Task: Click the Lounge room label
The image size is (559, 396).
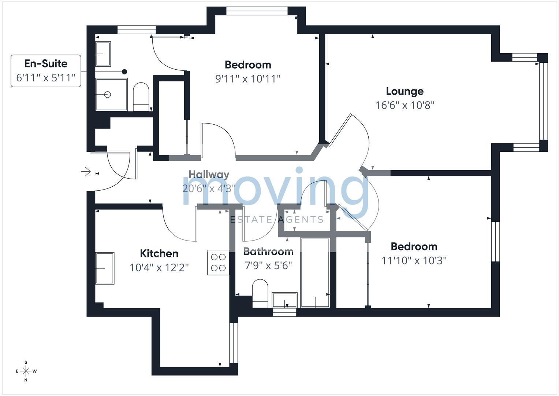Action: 405,92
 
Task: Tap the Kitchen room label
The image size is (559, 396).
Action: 159,253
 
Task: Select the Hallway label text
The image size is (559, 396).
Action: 209,175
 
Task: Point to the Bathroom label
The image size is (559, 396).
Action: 268,252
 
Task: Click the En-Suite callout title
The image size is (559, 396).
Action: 46,63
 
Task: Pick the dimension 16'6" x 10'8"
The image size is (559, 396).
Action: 405,105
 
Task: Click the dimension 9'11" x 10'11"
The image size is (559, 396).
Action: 248,79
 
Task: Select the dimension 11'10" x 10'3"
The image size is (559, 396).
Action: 414,260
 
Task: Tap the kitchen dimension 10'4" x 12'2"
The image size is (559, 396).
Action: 159,268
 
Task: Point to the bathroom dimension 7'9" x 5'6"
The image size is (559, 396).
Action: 268,265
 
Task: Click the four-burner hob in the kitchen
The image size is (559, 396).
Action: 218,263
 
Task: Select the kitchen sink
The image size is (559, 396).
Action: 105,268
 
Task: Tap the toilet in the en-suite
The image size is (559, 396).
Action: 141,97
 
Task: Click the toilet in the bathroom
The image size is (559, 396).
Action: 260,293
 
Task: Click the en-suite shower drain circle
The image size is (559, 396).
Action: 108,95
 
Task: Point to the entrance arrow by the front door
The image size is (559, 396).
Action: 86,172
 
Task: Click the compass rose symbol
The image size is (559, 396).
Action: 26,371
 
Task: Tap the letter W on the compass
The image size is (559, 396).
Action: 34,371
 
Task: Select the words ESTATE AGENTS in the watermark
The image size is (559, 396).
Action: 277,220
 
